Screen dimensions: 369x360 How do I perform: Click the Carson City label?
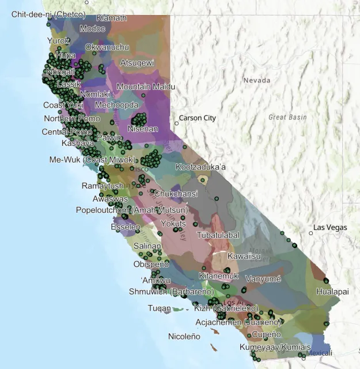(x=198, y=118)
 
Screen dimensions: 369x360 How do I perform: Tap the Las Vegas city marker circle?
(x=311, y=233)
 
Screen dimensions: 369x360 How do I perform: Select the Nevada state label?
(x=256, y=80)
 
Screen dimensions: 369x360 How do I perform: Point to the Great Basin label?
(x=287, y=117)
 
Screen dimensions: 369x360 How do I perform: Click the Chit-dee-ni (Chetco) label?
(x=48, y=14)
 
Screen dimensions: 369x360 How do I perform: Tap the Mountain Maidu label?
(x=146, y=86)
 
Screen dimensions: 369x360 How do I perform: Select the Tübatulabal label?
(x=218, y=235)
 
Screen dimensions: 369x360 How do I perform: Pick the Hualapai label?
(x=332, y=292)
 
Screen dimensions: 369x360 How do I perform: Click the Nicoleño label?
(x=184, y=336)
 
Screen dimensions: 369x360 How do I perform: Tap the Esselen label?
(x=125, y=227)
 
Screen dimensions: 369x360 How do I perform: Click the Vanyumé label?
(x=263, y=278)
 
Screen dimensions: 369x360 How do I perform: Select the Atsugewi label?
(x=137, y=62)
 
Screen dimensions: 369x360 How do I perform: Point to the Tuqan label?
(x=159, y=308)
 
